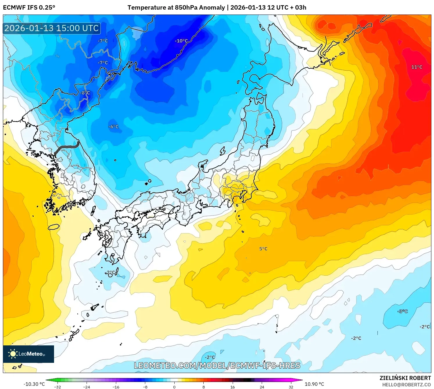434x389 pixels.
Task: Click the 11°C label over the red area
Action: (417, 67)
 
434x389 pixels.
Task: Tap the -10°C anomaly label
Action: (181, 41)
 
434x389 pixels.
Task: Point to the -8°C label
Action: (85, 93)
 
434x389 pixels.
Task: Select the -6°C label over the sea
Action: (113, 127)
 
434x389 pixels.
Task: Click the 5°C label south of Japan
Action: (263, 249)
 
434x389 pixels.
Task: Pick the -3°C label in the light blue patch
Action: (403, 311)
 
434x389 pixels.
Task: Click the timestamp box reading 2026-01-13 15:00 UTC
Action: (52, 28)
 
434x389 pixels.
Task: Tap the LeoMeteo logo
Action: (28, 354)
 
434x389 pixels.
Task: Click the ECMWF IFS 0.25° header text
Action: (29, 8)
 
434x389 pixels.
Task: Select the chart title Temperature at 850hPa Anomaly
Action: (176, 8)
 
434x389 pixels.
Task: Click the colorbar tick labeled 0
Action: (174, 387)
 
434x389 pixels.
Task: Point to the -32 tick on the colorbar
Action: (58, 387)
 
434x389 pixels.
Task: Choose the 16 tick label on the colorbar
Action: (232, 387)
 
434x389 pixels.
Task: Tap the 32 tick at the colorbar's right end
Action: (291, 387)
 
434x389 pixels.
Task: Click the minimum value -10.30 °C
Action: (34, 384)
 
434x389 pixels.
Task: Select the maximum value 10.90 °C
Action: (314, 384)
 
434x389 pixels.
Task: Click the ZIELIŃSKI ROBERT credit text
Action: (405, 378)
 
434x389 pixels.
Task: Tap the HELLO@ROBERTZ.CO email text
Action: (406, 385)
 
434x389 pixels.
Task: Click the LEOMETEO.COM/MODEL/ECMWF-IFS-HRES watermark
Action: (217, 365)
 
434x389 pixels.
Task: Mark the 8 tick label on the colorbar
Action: (203, 387)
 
